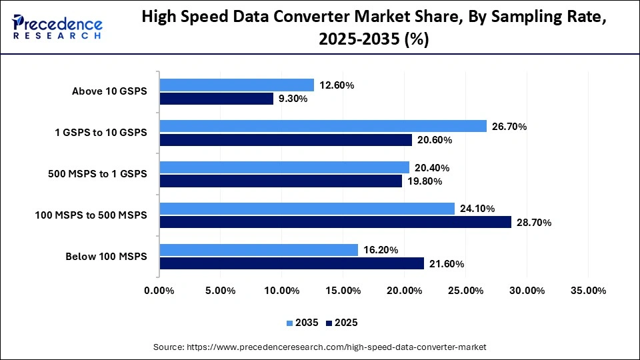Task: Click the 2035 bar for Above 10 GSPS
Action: click(x=237, y=85)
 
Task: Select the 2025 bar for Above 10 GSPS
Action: click(x=217, y=99)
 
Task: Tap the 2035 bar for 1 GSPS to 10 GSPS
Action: click(x=323, y=126)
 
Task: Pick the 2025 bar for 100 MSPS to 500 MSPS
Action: click(x=335, y=222)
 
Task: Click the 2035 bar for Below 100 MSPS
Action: click(x=259, y=250)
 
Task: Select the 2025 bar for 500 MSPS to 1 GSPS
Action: click(x=281, y=181)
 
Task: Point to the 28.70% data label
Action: click(x=533, y=223)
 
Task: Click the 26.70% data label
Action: click(x=509, y=126)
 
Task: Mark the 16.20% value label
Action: click(x=381, y=250)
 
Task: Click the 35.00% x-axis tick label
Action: click(x=589, y=291)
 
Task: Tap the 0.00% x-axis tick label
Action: click(x=159, y=291)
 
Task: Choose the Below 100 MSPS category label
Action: click(x=106, y=257)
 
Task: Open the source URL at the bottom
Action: click(x=320, y=347)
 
